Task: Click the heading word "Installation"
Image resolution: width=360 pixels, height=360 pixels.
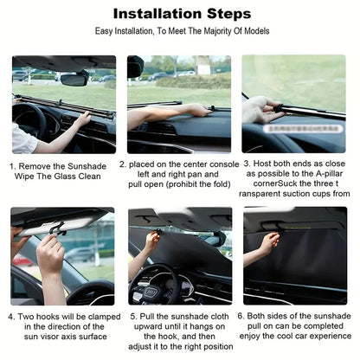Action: pos(154,14)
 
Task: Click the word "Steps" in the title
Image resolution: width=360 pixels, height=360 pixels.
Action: pos(228,14)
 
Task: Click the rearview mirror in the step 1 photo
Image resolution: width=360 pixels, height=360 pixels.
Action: pos(74,79)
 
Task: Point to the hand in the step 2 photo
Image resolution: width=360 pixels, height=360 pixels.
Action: pos(198,110)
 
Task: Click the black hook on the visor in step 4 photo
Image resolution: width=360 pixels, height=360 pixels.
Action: pos(57,228)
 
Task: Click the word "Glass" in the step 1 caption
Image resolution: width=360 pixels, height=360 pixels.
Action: pos(67,174)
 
